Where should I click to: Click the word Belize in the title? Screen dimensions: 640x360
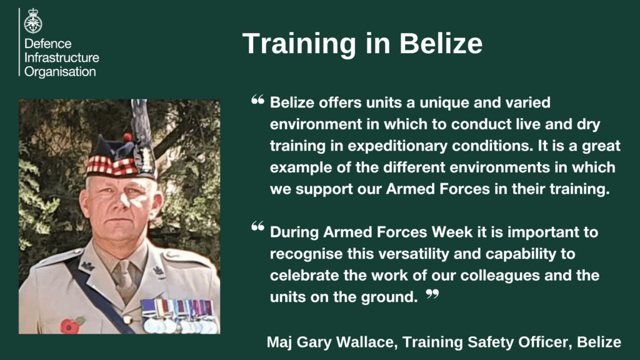441,43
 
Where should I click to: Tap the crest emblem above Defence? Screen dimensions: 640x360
33,21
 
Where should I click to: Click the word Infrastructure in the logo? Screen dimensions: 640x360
62,57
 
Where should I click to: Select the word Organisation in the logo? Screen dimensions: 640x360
60,72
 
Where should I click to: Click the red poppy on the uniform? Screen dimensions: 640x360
71,325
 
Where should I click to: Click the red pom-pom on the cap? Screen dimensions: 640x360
127,137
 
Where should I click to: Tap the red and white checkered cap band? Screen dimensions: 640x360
113,165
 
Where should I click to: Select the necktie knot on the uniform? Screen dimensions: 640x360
123,269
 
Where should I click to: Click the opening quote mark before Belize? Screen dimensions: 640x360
257,99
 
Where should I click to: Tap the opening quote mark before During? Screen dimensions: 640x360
257,226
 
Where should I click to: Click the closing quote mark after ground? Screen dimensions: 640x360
432,294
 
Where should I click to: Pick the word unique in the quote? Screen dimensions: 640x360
444,103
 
